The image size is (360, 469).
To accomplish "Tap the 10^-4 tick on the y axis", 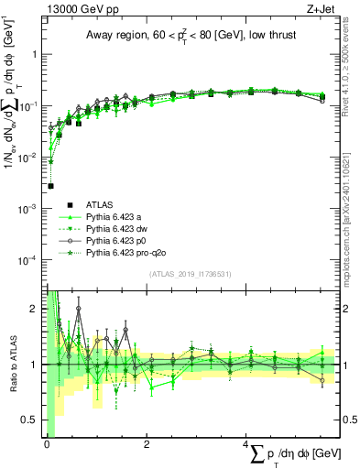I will pyautogui.click(x=32, y=260).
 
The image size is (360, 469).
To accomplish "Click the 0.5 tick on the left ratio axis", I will pyautogui.click(x=33, y=420).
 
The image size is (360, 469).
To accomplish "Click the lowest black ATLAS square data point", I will pyautogui.click(x=50, y=186).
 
